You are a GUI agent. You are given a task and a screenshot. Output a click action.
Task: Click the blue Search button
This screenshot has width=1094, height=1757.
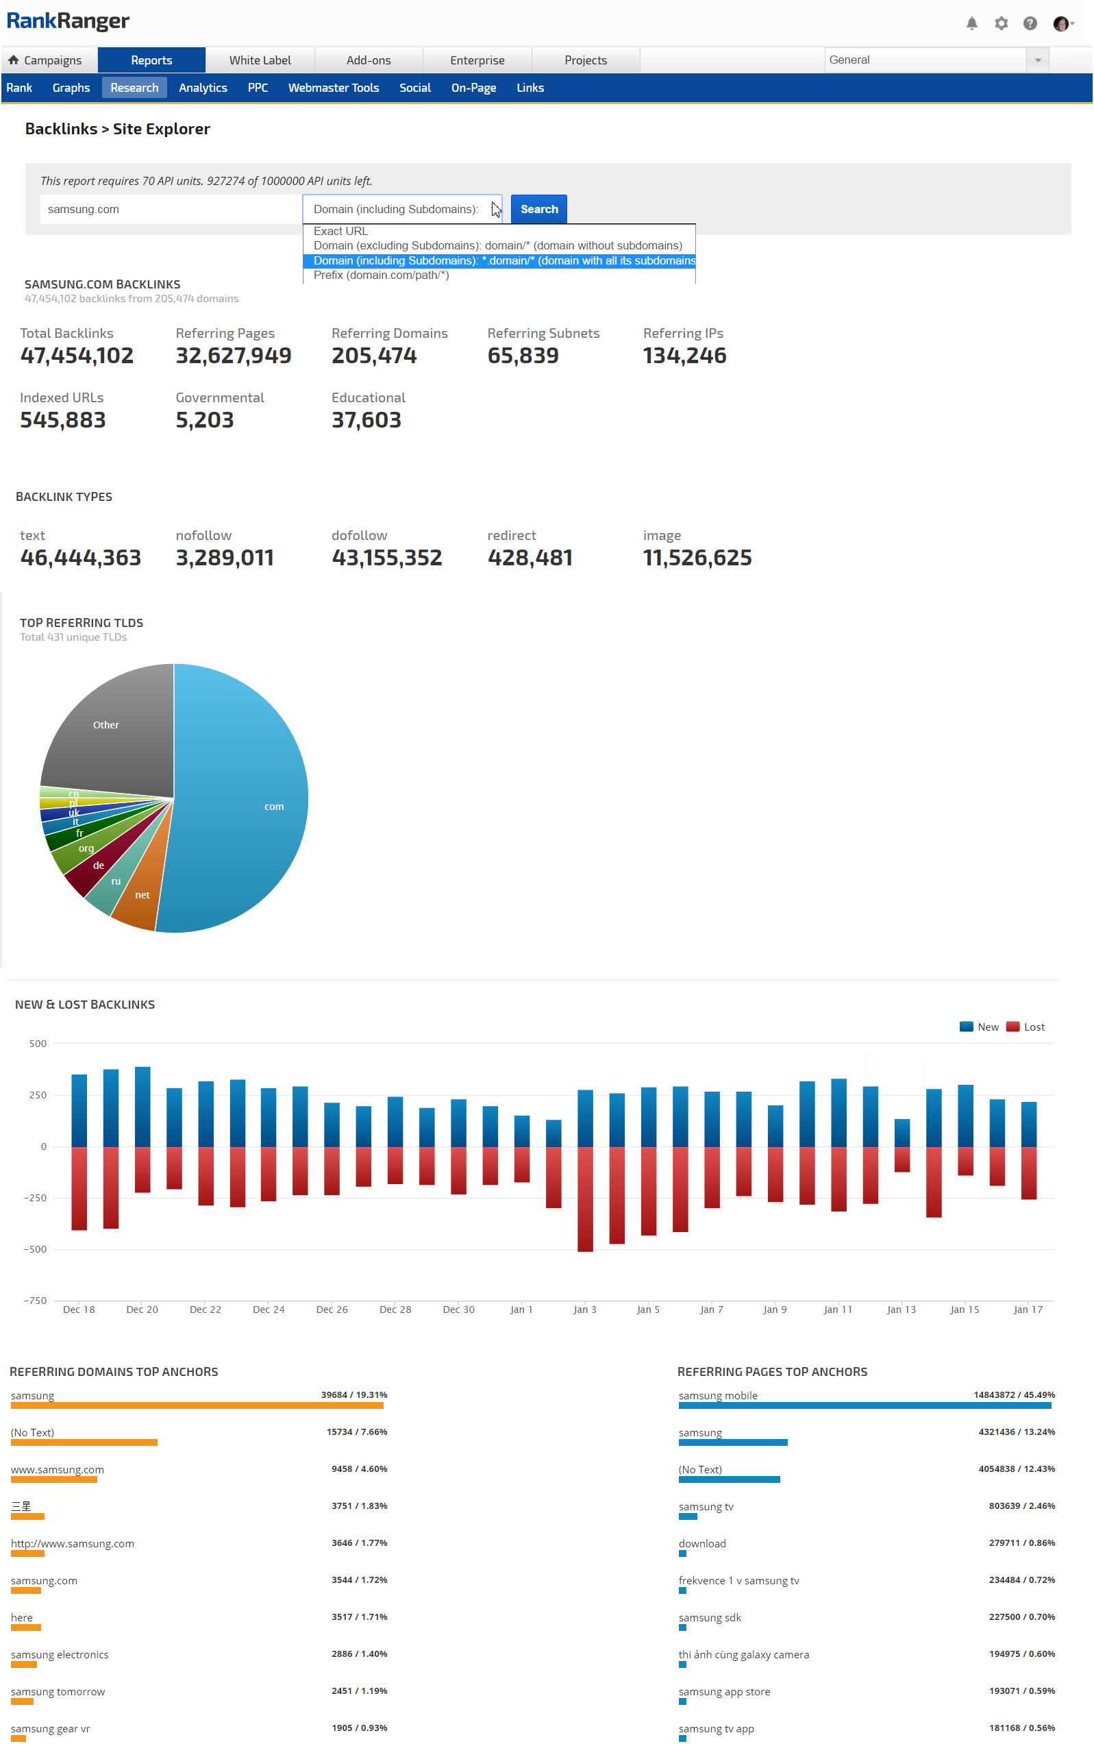pyautogui.click(x=538, y=209)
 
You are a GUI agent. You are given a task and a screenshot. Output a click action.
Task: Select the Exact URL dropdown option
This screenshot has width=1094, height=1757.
pyautogui.click(x=340, y=231)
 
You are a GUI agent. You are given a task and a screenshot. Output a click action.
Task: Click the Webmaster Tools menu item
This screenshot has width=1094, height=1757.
pyautogui.click(x=333, y=88)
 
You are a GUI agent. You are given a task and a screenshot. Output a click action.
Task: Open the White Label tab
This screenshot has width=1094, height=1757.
pyautogui.click(x=260, y=60)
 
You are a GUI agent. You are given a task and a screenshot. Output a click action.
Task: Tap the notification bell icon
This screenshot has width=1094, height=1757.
pyautogui.click(x=971, y=23)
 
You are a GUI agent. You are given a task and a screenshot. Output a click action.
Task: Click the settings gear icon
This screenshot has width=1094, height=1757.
pyautogui.click(x=1001, y=23)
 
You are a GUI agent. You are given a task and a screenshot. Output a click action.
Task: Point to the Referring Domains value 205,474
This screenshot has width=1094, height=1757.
pyautogui.click(x=373, y=356)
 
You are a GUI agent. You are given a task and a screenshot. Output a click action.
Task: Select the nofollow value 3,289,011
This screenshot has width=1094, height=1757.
pyautogui.click(x=224, y=557)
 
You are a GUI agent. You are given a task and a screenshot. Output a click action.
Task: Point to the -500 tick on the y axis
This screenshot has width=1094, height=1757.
pyautogui.click(x=35, y=1249)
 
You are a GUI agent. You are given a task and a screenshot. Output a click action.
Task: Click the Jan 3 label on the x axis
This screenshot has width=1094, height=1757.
pyautogui.click(x=584, y=1309)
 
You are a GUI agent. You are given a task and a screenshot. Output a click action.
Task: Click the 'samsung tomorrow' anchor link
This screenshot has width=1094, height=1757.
pyautogui.click(x=58, y=1691)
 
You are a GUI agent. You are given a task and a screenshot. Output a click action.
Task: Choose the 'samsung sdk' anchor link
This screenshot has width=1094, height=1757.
pyautogui.click(x=709, y=1617)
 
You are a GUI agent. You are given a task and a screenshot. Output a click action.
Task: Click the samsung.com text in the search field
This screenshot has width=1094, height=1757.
pyautogui.click(x=83, y=209)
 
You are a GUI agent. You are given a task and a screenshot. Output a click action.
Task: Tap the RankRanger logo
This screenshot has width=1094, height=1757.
pyautogui.click(x=67, y=21)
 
